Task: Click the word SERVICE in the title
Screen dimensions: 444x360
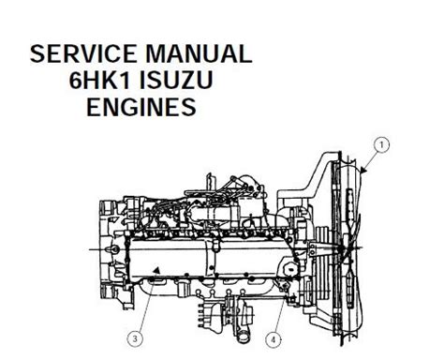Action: (83, 53)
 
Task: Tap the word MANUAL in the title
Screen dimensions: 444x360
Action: (199, 53)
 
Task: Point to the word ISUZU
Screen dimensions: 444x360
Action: (176, 80)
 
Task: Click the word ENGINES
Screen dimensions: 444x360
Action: (141, 107)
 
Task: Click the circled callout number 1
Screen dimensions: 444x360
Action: (381, 144)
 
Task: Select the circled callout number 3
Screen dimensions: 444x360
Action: (135, 338)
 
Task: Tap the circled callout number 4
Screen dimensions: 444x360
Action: (274, 339)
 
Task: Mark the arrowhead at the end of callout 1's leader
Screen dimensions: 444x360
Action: (363, 170)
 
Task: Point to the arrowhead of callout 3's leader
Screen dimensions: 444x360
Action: (157, 270)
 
